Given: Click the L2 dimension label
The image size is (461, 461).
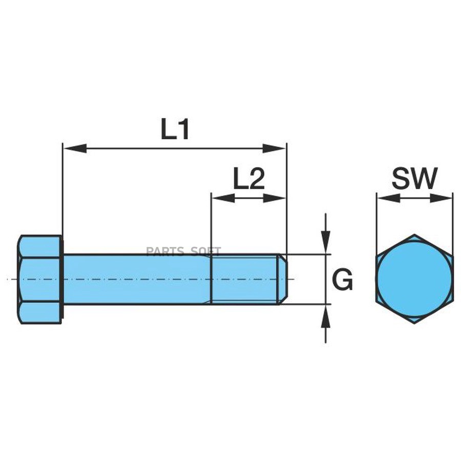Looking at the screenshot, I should tap(248, 180).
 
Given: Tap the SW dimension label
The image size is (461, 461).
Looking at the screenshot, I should tap(415, 179).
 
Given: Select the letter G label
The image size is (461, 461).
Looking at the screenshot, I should tap(342, 280).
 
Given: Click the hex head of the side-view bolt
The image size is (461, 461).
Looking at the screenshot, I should tap(40, 279).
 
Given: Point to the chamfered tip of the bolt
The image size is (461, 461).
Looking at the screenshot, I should tap(282, 279).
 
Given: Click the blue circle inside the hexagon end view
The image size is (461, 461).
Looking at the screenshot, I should tap(414, 279).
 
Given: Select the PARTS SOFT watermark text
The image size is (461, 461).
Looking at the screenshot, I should tap(183, 251).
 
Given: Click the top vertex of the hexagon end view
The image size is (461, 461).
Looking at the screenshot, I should tap(414, 235).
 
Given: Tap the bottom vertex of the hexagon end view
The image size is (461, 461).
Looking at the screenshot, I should tap(414, 323).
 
